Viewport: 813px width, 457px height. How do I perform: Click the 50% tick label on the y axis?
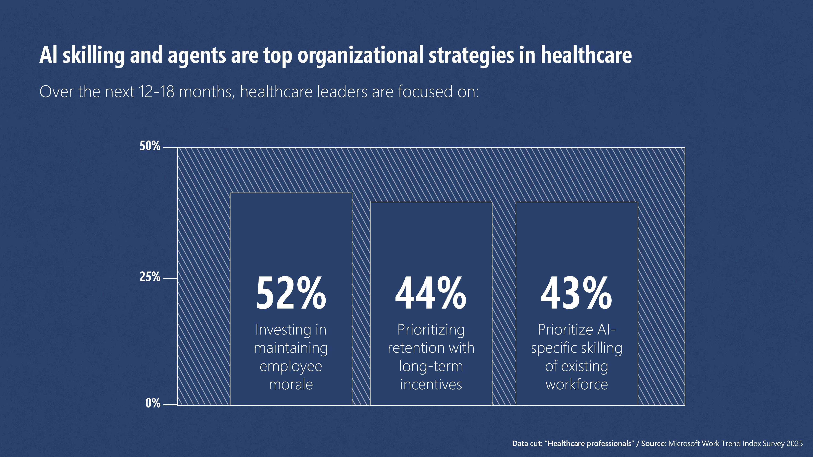150,146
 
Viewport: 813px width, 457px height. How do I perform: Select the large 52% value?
291,293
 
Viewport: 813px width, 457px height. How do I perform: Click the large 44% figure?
431,293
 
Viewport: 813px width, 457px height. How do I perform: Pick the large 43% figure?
576,293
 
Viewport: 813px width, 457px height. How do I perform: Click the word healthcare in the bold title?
586,55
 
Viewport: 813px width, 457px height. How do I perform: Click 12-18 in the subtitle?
156,92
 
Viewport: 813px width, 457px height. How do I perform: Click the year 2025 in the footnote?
794,443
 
